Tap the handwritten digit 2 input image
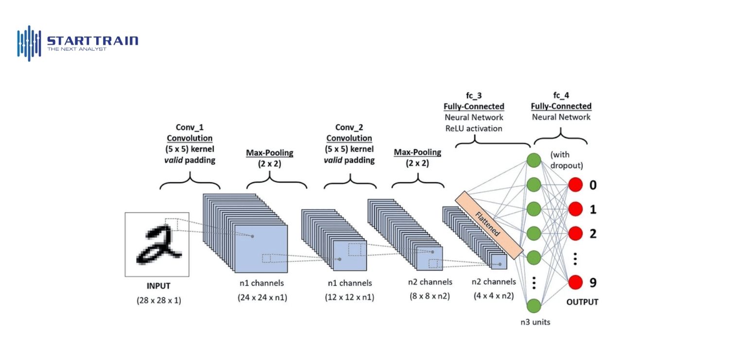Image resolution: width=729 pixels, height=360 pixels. coord(156,244)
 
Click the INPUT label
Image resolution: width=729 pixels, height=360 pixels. coord(158,286)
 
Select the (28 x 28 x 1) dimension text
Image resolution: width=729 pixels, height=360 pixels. coord(158,300)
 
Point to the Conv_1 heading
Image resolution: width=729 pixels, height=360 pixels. coord(190,128)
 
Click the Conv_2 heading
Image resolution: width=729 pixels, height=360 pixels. coord(349,128)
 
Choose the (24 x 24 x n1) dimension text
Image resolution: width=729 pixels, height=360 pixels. coord(262,297)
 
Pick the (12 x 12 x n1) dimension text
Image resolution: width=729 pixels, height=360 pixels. coord(349,297)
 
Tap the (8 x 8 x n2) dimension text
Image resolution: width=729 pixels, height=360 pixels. coord(430,296)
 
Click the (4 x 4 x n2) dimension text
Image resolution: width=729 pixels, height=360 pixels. coord(494,295)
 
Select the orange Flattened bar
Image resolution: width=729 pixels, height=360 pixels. coord(488,224)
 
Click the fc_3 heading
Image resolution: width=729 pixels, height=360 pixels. coord(473,96)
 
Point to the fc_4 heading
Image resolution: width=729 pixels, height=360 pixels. coord(561,96)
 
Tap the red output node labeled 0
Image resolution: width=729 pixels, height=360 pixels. coord(575,185)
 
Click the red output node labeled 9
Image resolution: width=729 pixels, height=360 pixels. coord(575,282)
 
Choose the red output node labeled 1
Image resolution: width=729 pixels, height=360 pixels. coord(575,209)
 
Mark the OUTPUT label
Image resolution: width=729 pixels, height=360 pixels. coord(582,302)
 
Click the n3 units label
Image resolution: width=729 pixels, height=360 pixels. coord(534,322)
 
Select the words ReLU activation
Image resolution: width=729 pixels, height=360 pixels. coord(473,129)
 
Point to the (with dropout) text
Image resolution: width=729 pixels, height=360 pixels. coord(566,160)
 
